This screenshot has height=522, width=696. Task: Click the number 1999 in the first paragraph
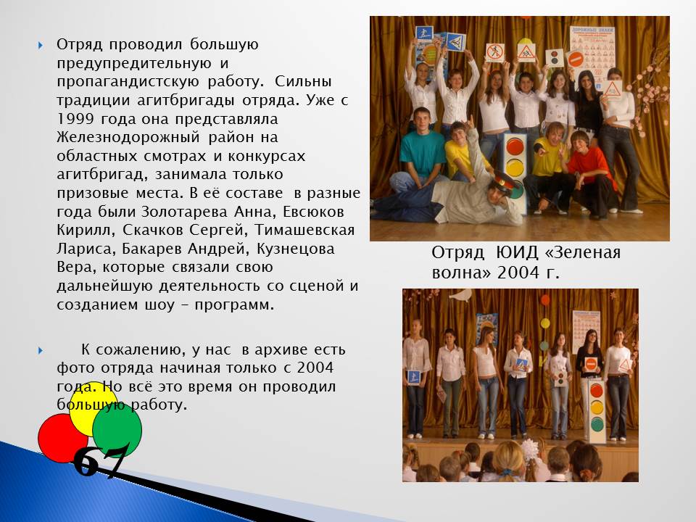(75, 119)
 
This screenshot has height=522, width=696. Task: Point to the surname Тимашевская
(304, 231)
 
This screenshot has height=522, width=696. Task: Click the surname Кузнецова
(296, 249)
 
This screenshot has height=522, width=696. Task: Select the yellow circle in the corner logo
(94, 407)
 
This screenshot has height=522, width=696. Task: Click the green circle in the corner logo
(117, 428)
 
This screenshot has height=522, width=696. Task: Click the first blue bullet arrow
(41, 45)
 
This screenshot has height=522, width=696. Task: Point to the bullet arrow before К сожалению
(41, 350)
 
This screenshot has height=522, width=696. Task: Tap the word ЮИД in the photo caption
(517, 252)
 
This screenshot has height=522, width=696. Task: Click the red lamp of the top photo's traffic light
(515, 147)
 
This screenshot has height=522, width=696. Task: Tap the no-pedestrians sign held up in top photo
(495, 52)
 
